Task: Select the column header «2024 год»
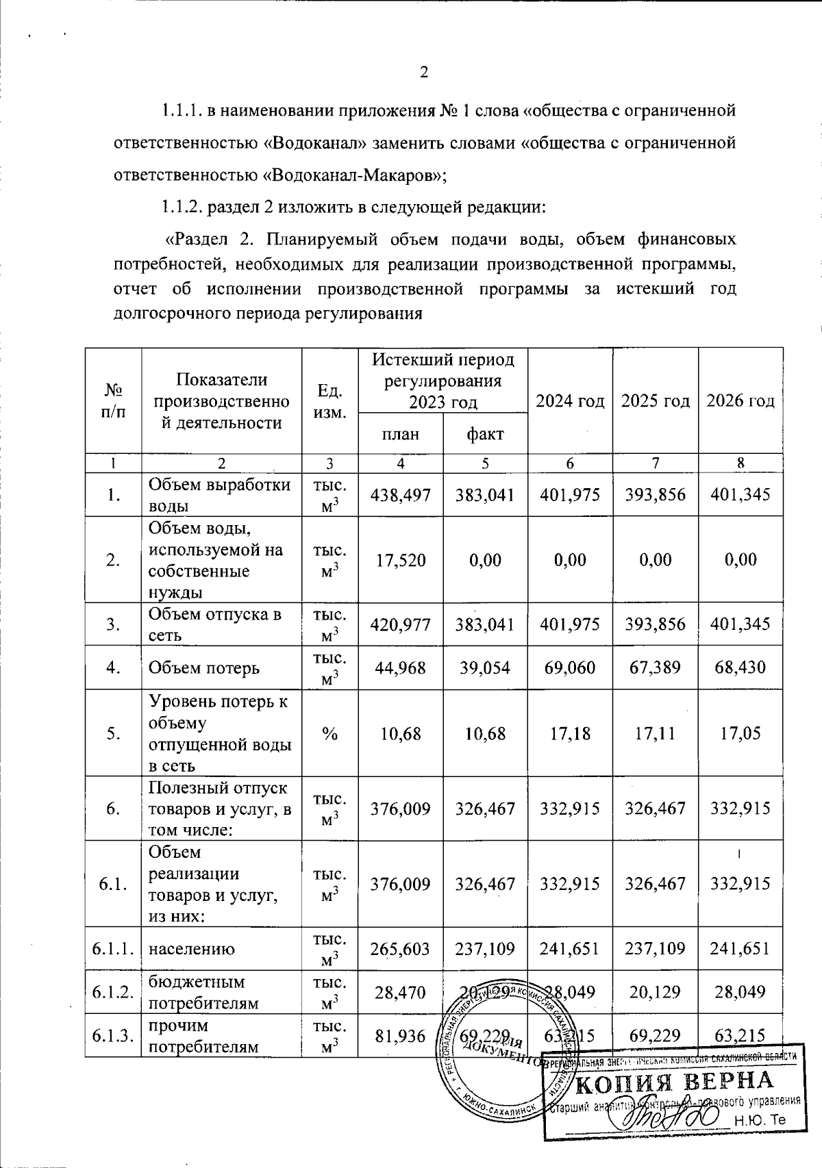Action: point(570,401)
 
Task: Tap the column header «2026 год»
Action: point(740,401)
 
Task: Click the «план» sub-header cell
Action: point(400,433)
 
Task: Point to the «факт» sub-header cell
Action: point(485,433)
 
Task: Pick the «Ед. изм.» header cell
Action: point(329,401)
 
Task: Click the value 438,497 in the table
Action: point(400,494)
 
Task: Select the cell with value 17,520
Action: point(400,560)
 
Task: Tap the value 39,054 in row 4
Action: point(485,668)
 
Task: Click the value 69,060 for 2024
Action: point(570,668)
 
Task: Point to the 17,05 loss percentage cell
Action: point(740,733)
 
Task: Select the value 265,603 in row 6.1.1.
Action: point(400,949)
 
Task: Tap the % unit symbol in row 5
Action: point(329,733)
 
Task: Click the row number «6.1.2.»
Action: point(113,992)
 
